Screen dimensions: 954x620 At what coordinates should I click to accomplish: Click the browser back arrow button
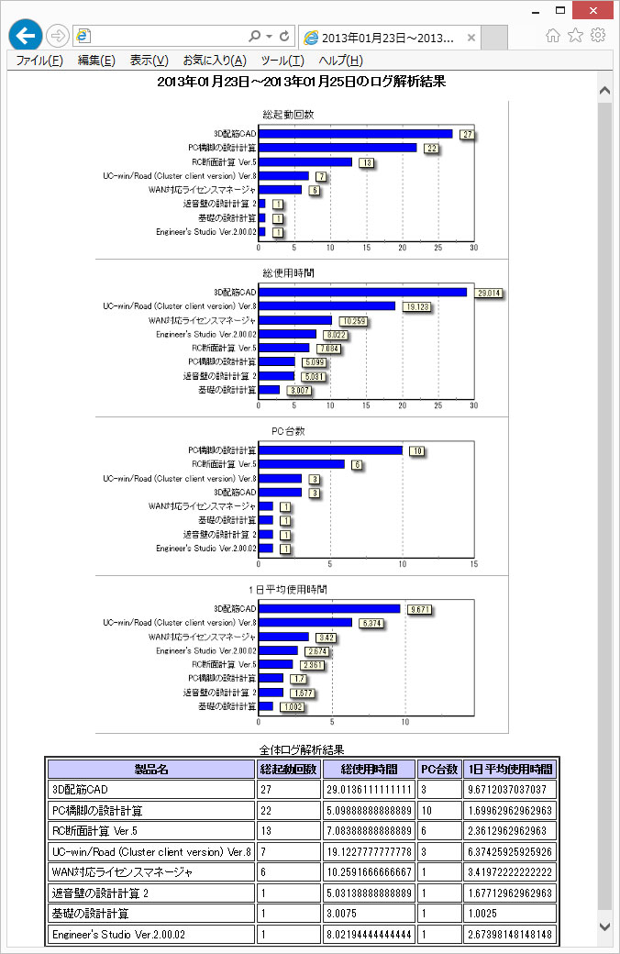pyautogui.click(x=26, y=36)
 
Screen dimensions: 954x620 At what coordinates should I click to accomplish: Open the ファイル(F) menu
pyautogui.click(x=39, y=61)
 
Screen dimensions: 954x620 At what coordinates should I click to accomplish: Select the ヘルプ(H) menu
pyautogui.click(x=340, y=61)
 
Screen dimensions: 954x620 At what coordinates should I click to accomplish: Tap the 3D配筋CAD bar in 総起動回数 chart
pyautogui.click(x=356, y=134)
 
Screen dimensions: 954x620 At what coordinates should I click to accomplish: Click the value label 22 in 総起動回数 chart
pyautogui.click(x=431, y=149)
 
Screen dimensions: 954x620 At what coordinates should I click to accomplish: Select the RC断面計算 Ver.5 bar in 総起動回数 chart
pyautogui.click(x=305, y=162)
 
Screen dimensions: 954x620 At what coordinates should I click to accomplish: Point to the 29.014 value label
pyautogui.click(x=489, y=293)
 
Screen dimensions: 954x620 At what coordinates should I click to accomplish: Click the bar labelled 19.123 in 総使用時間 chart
pyautogui.click(x=327, y=306)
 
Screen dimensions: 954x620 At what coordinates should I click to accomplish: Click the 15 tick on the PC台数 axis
pyautogui.click(x=473, y=564)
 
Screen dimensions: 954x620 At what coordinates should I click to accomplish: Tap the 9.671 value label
pyautogui.click(x=418, y=609)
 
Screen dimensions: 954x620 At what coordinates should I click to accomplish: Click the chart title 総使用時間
pyautogui.click(x=288, y=273)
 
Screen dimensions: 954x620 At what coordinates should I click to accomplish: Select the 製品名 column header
pyautogui.click(x=151, y=769)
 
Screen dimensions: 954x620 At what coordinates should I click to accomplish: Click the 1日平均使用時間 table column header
pyautogui.click(x=511, y=769)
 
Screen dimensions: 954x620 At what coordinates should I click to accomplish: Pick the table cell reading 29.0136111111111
pyautogui.click(x=368, y=790)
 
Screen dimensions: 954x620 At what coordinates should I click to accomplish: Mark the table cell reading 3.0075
pyautogui.click(x=368, y=914)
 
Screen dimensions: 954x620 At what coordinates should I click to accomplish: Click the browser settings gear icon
pyautogui.click(x=598, y=35)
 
